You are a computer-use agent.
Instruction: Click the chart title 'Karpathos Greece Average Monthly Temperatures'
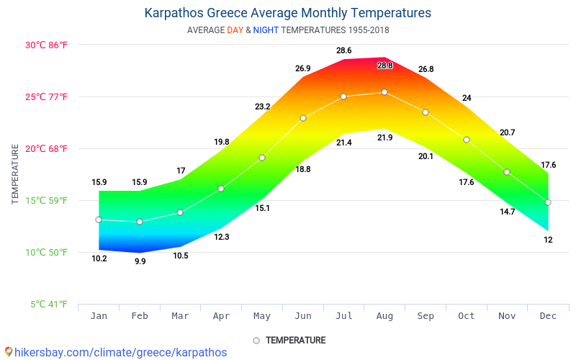tap(288, 13)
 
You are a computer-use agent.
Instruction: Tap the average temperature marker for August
tap(384, 92)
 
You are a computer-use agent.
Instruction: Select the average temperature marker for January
tap(99, 220)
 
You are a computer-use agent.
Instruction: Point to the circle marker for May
tap(262, 158)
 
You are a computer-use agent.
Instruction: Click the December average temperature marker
tap(548, 202)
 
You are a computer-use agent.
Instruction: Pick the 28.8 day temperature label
tap(385, 66)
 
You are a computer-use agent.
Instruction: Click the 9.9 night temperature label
tap(140, 261)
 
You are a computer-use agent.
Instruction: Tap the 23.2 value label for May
tap(262, 107)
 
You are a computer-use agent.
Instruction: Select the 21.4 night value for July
tap(344, 143)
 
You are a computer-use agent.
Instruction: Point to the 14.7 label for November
tap(507, 212)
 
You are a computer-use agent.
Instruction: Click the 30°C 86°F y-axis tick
tap(47, 45)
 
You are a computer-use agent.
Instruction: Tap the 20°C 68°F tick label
tap(47, 148)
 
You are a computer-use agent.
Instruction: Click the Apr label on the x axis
tap(221, 315)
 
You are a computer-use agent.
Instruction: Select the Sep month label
tap(426, 315)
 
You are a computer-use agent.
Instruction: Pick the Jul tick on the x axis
tap(344, 315)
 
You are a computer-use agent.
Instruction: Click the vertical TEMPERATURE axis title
tap(15, 174)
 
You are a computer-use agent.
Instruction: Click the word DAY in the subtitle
tap(235, 30)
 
